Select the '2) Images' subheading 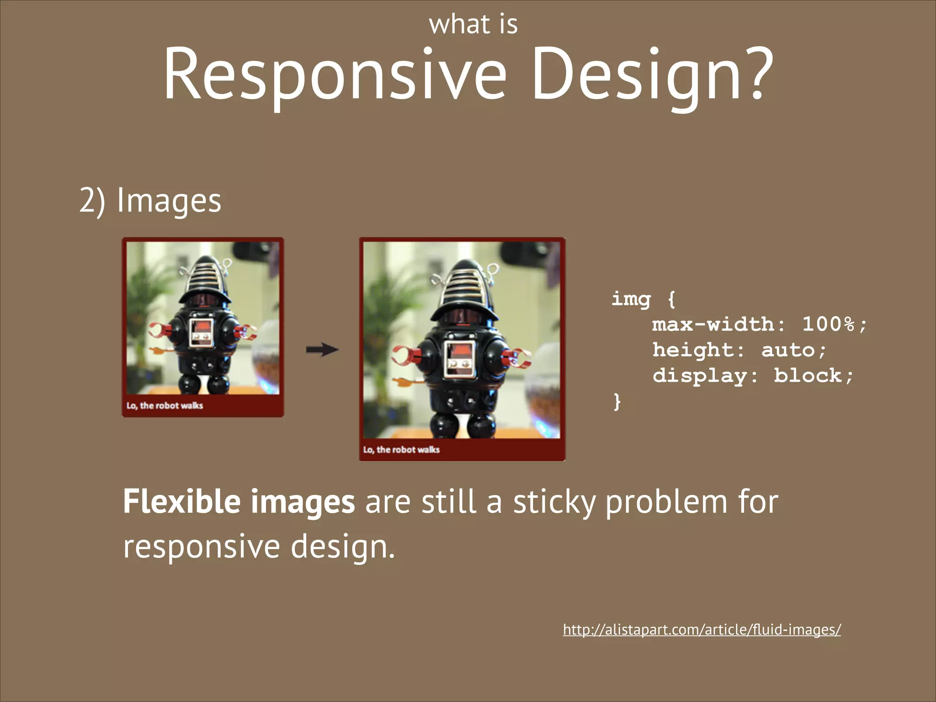point(150,201)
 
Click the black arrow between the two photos point(322,350)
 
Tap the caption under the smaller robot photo point(165,406)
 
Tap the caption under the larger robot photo point(401,450)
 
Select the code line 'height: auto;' point(739,351)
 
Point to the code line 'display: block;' point(752,376)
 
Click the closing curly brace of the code point(617,402)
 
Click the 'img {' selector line point(643,299)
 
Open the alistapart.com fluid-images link point(702,630)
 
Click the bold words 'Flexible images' point(239,502)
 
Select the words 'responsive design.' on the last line point(259,547)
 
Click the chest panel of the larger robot point(460,360)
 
